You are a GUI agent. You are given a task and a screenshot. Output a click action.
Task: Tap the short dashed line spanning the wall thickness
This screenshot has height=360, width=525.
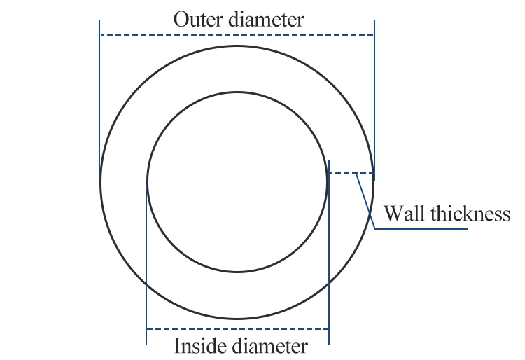[350, 172]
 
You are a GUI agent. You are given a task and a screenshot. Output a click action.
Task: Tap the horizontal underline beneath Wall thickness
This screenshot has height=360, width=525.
[420, 229]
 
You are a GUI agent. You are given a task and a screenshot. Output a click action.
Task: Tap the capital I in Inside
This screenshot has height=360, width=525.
[177, 346]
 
